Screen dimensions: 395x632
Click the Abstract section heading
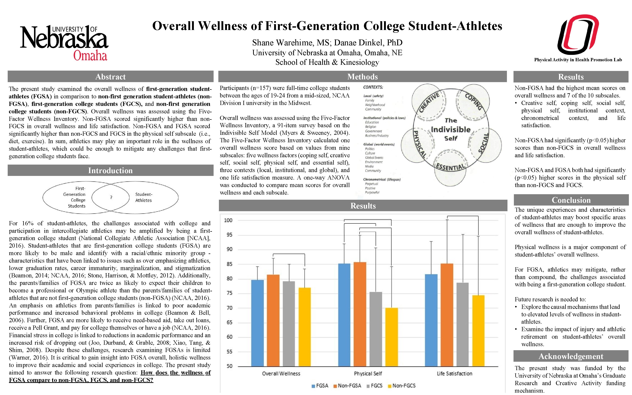point(110,77)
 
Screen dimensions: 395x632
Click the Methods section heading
point(362,77)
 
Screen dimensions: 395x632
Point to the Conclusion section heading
point(571,200)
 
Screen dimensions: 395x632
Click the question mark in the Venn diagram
point(111,197)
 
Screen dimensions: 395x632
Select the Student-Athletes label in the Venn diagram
point(143,197)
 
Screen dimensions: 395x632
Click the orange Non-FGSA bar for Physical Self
point(360,313)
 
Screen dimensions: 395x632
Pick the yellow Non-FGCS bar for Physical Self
point(392,337)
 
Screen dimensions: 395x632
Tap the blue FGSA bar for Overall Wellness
point(257,323)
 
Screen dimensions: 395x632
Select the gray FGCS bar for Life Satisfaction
point(462,324)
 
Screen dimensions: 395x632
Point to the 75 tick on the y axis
point(229,293)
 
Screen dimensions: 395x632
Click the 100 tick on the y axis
point(228,220)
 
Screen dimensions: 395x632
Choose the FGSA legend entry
point(320,386)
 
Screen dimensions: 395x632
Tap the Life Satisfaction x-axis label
point(454,374)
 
